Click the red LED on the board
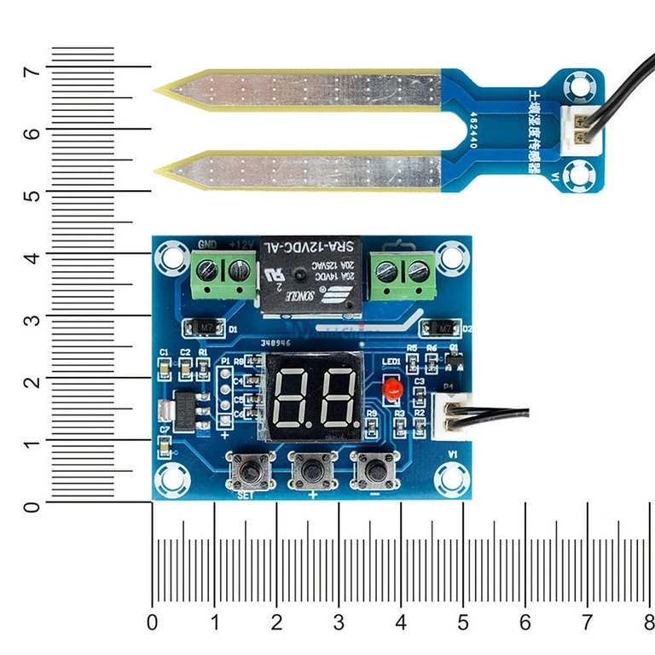click(x=392, y=390)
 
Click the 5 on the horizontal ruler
click(x=463, y=620)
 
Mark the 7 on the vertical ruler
click(x=32, y=72)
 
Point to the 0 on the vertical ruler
click(x=32, y=507)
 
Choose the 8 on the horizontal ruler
click(x=649, y=620)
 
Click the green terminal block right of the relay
click(x=403, y=275)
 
